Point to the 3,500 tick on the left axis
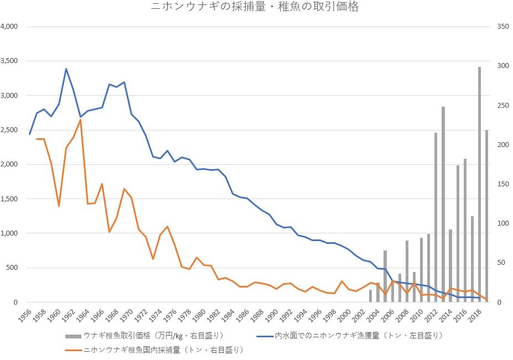coord(9,61)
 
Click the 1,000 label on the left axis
coord(9,233)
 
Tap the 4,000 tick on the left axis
coord(9,27)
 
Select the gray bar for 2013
coord(443,205)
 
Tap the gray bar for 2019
coord(486,216)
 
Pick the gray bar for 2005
coord(385,276)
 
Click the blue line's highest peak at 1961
coord(66,69)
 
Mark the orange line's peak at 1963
coord(80,120)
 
